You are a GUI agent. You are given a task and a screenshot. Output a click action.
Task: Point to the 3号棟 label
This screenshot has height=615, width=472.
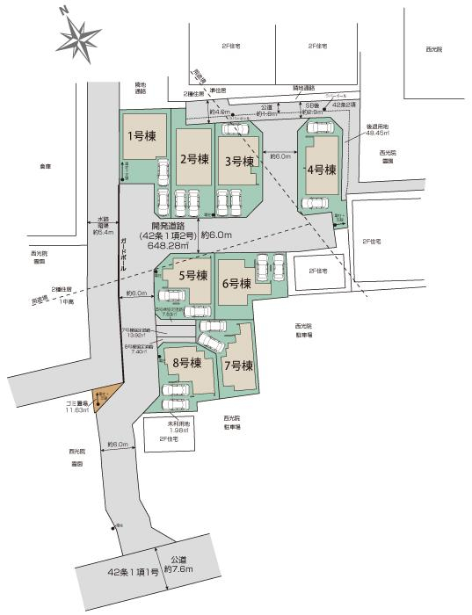coord(238,161)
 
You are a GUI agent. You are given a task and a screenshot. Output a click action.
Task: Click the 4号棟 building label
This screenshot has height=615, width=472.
coord(322,170)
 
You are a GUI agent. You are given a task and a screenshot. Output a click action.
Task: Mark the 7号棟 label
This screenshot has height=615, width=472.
coord(238,365)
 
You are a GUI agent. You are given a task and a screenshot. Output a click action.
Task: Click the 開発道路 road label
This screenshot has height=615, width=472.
coord(172,226)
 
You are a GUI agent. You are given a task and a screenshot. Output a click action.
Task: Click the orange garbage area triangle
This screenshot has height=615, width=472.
coord(101,401)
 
